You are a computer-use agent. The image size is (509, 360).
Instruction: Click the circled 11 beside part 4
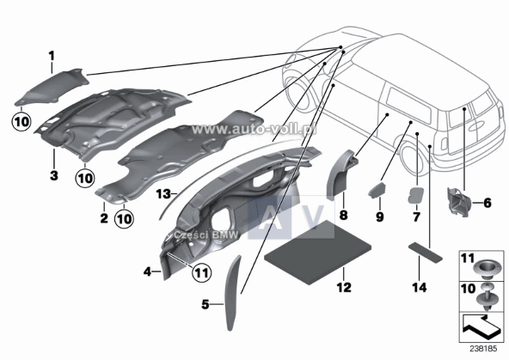(x=201, y=274)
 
